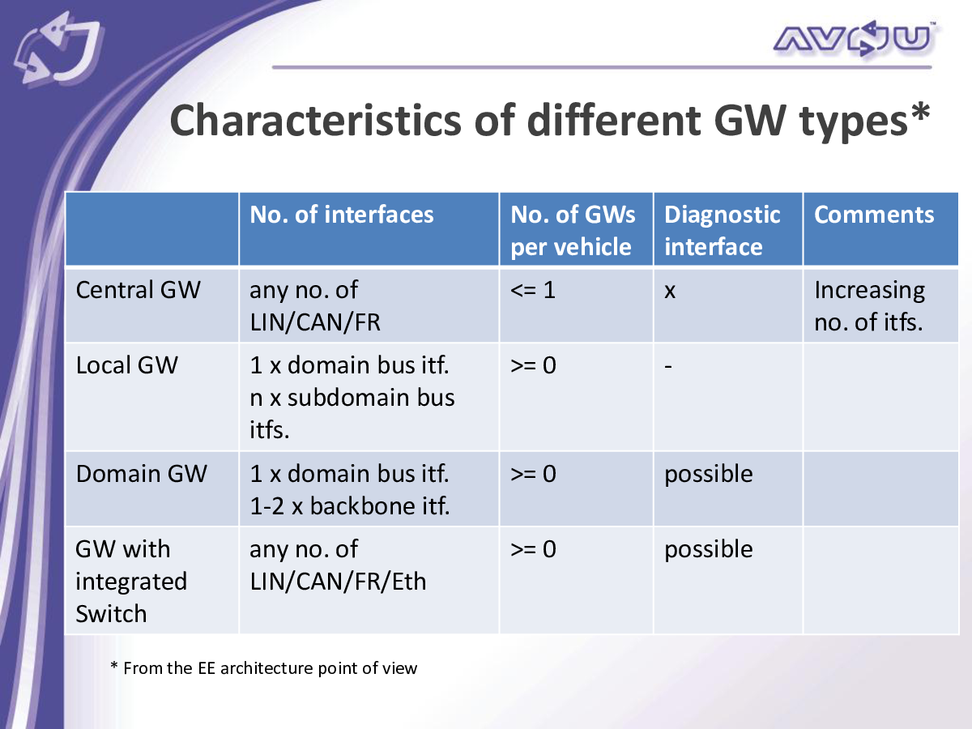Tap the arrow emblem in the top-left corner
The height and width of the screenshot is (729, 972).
click(x=59, y=48)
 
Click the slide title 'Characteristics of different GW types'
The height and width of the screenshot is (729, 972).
click(x=549, y=121)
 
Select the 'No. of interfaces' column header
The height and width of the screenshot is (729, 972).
click(x=342, y=215)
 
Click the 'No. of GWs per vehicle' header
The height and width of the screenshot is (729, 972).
click(x=573, y=230)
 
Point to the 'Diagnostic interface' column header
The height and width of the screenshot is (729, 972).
click(x=722, y=230)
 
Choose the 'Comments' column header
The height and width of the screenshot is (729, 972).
click(x=874, y=215)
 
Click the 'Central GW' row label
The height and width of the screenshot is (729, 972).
click(x=138, y=290)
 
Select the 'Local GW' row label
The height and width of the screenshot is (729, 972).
click(x=126, y=365)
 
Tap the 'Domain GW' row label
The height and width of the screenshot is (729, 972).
click(x=141, y=474)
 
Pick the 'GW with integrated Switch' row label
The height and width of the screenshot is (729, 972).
click(x=131, y=581)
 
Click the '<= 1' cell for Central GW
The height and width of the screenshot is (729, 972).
click(x=533, y=290)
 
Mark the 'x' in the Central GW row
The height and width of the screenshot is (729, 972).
click(x=670, y=292)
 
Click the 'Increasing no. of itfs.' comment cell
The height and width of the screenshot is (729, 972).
click(x=869, y=306)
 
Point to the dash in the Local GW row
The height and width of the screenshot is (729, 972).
click(x=668, y=366)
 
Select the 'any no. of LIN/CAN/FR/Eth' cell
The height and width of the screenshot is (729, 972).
click(x=338, y=565)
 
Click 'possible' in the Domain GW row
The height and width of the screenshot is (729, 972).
click(x=709, y=475)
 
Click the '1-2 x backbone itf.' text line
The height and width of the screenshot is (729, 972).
click(x=350, y=506)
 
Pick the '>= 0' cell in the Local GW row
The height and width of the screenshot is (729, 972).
click(x=533, y=365)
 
